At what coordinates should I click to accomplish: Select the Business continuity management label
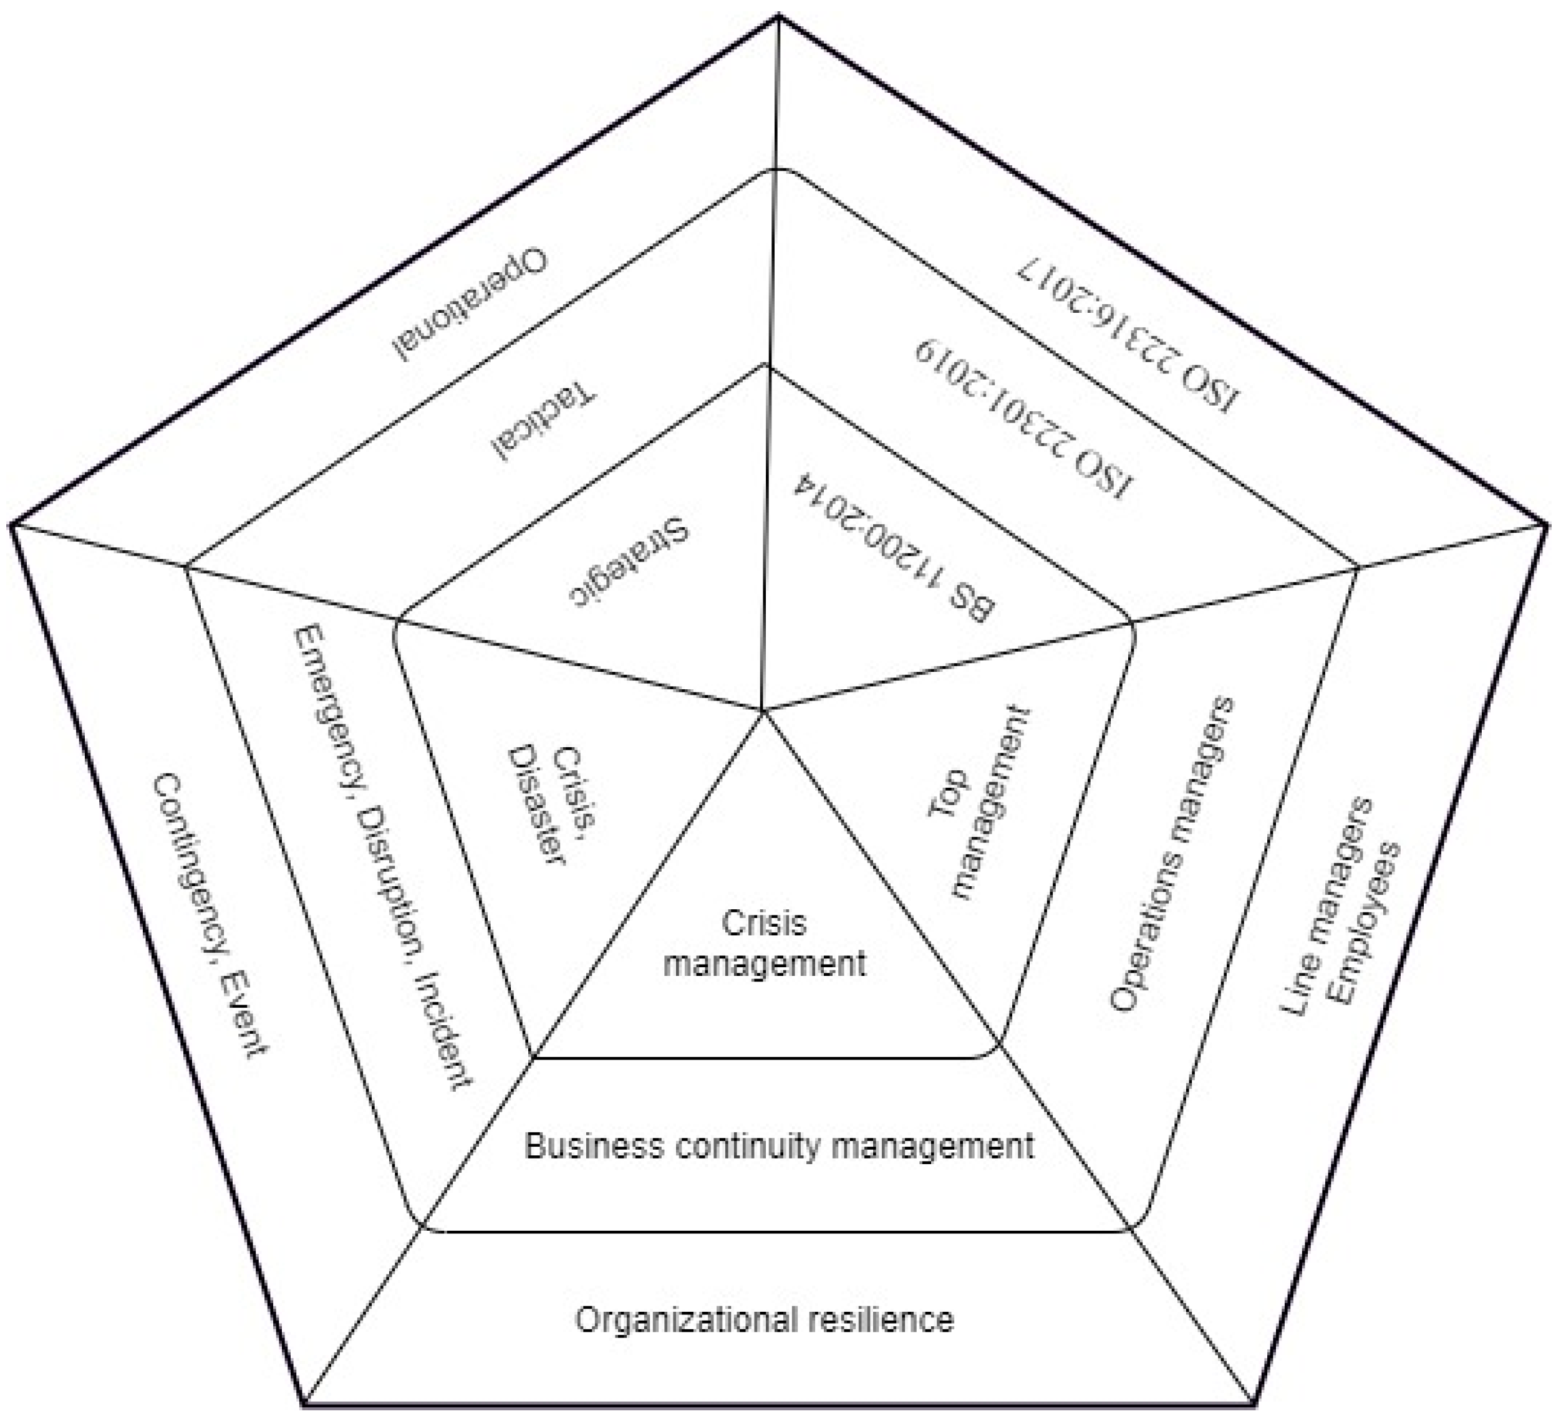pos(779,1146)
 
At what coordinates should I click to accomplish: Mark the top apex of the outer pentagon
pos(778,16)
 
